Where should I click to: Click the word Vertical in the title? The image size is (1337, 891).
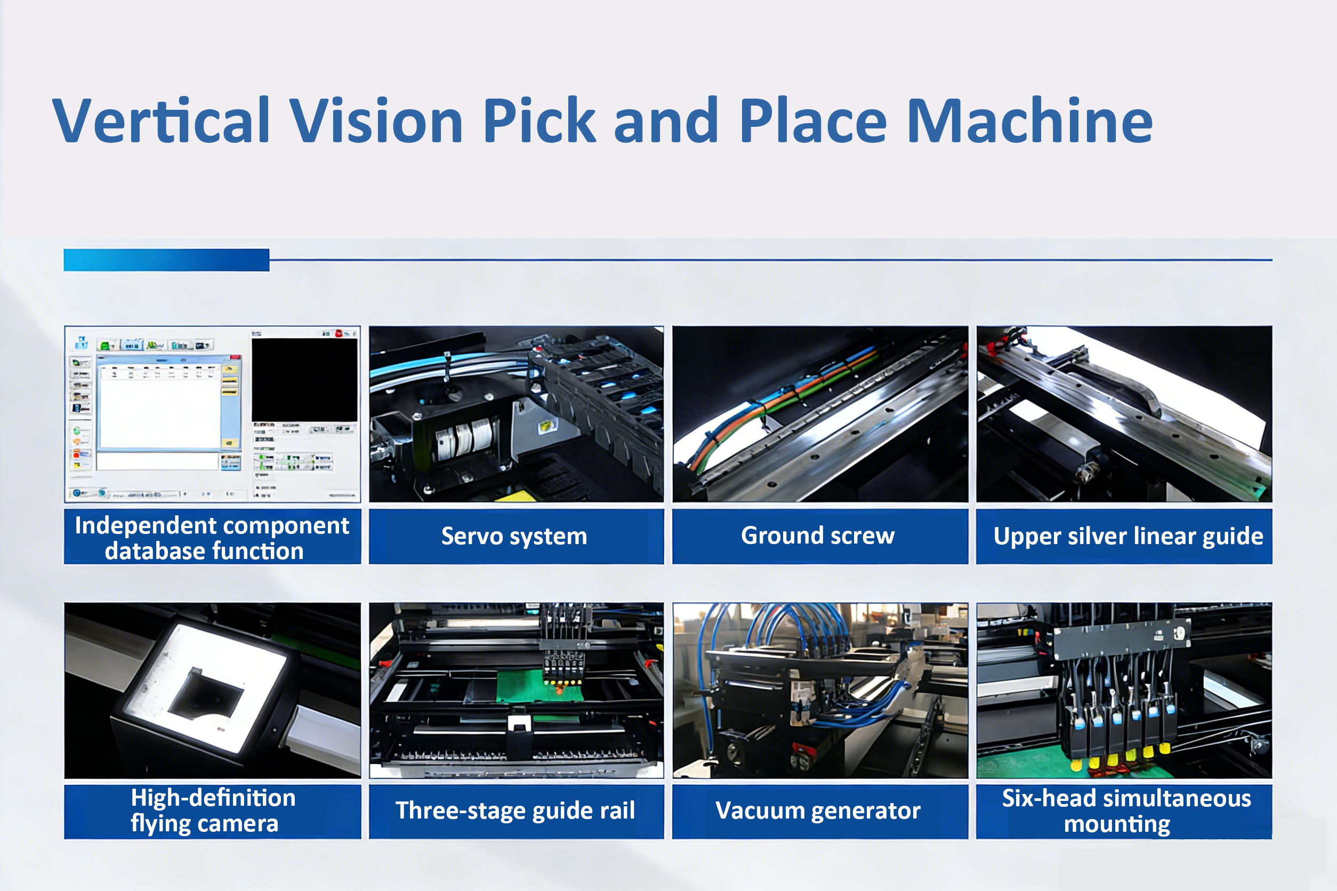(161, 120)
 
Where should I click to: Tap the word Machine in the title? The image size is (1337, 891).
(1029, 120)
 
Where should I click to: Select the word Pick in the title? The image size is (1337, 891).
(539, 120)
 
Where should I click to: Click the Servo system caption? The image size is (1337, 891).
(514, 537)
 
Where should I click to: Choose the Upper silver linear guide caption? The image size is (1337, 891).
(1128, 537)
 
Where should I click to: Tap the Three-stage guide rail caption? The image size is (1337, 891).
(515, 811)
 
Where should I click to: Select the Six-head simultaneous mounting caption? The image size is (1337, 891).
(1125, 811)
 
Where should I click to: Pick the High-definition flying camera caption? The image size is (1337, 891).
(213, 811)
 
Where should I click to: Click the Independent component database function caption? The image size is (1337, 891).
(212, 538)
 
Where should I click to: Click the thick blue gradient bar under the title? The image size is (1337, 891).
(166, 260)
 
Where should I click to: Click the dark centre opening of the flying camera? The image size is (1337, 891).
(205, 694)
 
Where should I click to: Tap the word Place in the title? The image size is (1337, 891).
(813, 120)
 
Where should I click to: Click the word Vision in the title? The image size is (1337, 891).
(376, 120)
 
